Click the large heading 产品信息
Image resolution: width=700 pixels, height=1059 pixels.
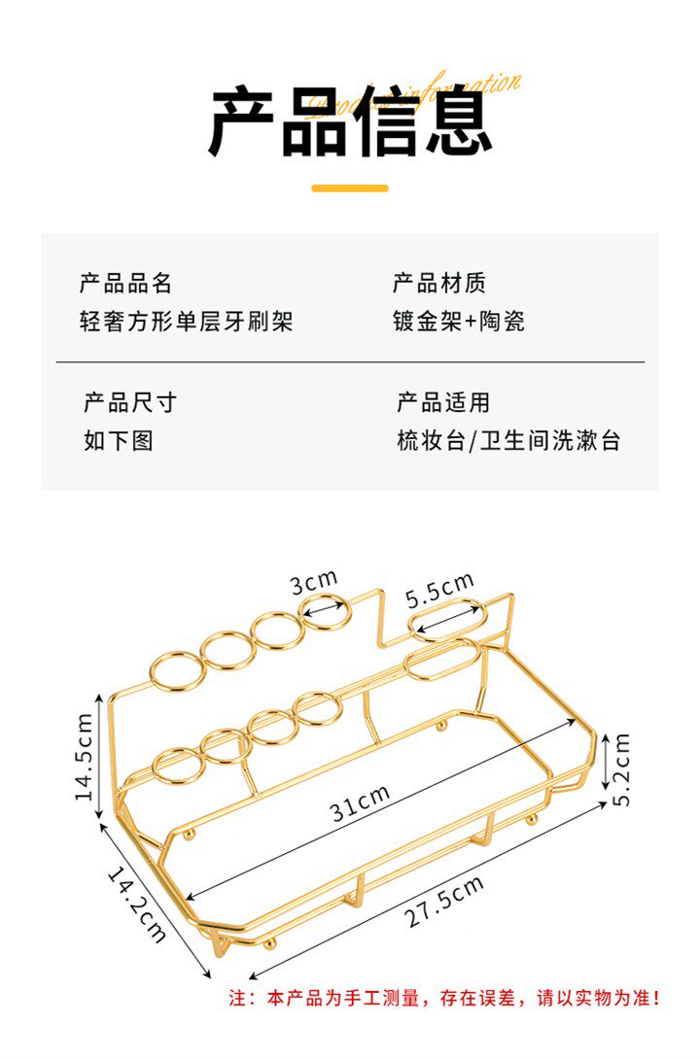click(x=350, y=122)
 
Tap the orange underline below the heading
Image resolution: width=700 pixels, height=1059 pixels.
click(x=350, y=188)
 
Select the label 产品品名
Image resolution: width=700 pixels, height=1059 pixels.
click(x=126, y=284)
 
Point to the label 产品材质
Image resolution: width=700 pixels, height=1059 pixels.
click(x=439, y=284)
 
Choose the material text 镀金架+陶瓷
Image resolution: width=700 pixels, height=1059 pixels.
click(x=459, y=322)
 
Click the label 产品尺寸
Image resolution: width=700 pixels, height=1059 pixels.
click(x=130, y=402)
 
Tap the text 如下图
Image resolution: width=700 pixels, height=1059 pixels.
click(x=119, y=441)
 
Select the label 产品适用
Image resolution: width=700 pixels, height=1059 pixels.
click(x=443, y=402)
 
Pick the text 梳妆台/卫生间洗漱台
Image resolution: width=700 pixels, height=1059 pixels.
click(x=508, y=441)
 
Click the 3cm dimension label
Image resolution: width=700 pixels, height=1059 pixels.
click(x=313, y=583)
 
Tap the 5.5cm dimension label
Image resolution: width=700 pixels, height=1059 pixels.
click(x=439, y=590)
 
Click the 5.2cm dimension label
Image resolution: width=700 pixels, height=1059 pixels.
click(x=622, y=769)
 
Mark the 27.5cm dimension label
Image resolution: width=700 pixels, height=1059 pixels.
click(x=445, y=903)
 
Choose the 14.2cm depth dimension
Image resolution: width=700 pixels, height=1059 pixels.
click(x=136, y=904)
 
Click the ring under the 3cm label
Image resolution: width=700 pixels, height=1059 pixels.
click(x=324, y=609)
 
